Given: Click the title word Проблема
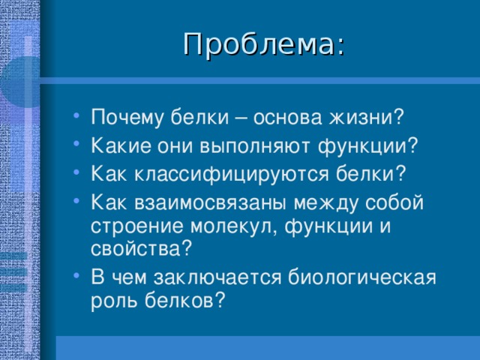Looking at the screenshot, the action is click(x=259, y=45).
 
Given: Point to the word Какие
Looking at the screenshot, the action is click(x=121, y=146).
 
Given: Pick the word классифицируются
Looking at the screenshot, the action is click(x=232, y=174).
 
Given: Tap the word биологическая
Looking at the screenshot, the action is click(x=361, y=277).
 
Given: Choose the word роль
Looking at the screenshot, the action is click(x=114, y=300).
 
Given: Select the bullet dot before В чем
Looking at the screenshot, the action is click(x=76, y=275).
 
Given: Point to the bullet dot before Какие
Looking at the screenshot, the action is click(x=76, y=143).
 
